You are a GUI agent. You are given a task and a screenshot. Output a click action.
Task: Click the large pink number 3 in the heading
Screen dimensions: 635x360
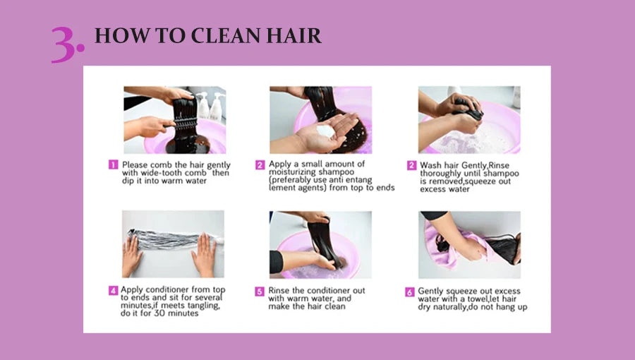click(64, 44)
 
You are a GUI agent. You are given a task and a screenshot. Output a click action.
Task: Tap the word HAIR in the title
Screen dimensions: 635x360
click(294, 35)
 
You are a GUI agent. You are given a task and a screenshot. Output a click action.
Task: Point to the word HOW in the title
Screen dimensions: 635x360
click(122, 35)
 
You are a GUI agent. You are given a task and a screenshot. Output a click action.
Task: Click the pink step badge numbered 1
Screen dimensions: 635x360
click(113, 164)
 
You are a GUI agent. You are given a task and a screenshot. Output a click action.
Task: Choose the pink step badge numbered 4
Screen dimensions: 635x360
click(113, 290)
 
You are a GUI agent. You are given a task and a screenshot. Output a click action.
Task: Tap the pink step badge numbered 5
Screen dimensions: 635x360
click(260, 292)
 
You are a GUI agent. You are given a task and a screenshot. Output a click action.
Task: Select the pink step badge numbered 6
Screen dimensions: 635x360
click(410, 292)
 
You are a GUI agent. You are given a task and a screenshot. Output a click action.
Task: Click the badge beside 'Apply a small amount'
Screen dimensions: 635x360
click(260, 164)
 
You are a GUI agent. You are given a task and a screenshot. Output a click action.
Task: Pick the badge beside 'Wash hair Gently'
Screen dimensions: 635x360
click(411, 165)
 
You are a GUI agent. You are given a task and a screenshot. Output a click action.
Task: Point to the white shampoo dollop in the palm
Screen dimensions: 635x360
click(325, 131)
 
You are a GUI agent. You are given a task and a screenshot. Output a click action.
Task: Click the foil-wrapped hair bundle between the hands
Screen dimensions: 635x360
click(170, 239)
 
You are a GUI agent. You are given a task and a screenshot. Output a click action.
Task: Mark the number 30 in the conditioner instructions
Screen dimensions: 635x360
click(159, 313)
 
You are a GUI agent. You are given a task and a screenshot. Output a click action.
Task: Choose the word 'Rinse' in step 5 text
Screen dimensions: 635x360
click(279, 291)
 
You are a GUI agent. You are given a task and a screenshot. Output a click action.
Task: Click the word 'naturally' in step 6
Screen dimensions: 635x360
click(449, 307)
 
